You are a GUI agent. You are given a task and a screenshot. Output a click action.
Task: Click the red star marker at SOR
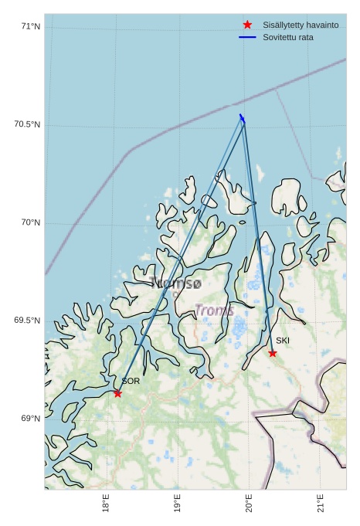pyautogui.click(x=117, y=393)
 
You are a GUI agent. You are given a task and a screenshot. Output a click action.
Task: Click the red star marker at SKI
pyautogui.click(x=273, y=353)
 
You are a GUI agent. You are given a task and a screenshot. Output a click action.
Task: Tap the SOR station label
pyautogui.click(x=131, y=381)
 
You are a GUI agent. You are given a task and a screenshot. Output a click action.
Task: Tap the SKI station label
pyautogui.click(x=283, y=341)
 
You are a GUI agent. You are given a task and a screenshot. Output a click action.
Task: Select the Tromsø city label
pyautogui.click(x=177, y=283)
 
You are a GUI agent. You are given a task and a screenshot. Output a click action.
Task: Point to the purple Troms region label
pyautogui.click(x=214, y=311)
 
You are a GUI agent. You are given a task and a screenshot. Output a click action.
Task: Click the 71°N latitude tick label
pyautogui.click(x=31, y=27)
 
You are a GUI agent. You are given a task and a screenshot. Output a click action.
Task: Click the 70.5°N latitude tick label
pyautogui.click(x=27, y=125)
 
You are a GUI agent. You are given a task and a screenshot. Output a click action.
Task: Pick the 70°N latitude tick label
pyautogui.click(x=31, y=223)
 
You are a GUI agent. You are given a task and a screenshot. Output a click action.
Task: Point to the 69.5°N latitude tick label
pyautogui.click(x=27, y=321)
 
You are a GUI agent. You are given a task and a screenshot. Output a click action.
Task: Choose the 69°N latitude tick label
pyautogui.click(x=31, y=419)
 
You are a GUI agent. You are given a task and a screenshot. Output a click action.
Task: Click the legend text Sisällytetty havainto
pyautogui.click(x=301, y=25)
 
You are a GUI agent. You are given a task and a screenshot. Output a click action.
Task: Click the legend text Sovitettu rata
pyautogui.click(x=288, y=37)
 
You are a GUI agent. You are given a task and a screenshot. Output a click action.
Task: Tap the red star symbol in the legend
pyautogui.click(x=247, y=25)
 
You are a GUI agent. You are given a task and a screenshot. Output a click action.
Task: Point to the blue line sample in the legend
pyautogui.click(x=247, y=37)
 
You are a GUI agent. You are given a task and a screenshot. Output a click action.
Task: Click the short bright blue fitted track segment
pyautogui.click(x=242, y=118)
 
